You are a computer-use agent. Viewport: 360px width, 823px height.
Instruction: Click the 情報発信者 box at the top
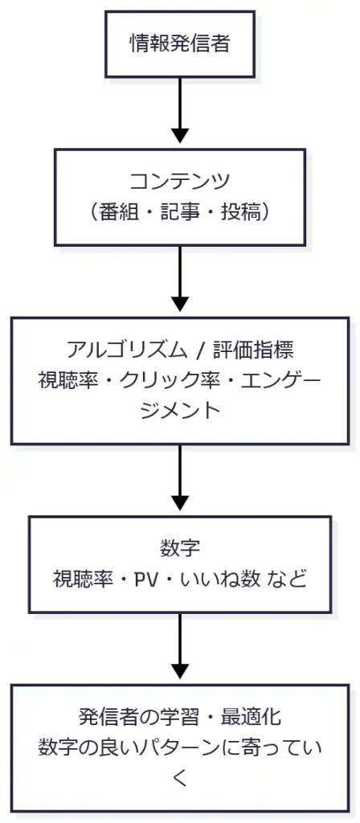[180, 44]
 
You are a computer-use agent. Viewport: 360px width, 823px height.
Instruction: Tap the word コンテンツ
[180, 182]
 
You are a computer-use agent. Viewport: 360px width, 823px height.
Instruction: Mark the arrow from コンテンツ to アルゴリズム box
[180, 280]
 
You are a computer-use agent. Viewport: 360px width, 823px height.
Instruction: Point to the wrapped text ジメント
[180, 410]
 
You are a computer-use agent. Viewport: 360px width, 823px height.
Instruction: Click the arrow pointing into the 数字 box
[180, 480]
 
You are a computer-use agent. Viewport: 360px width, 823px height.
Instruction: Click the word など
[287, 579]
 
